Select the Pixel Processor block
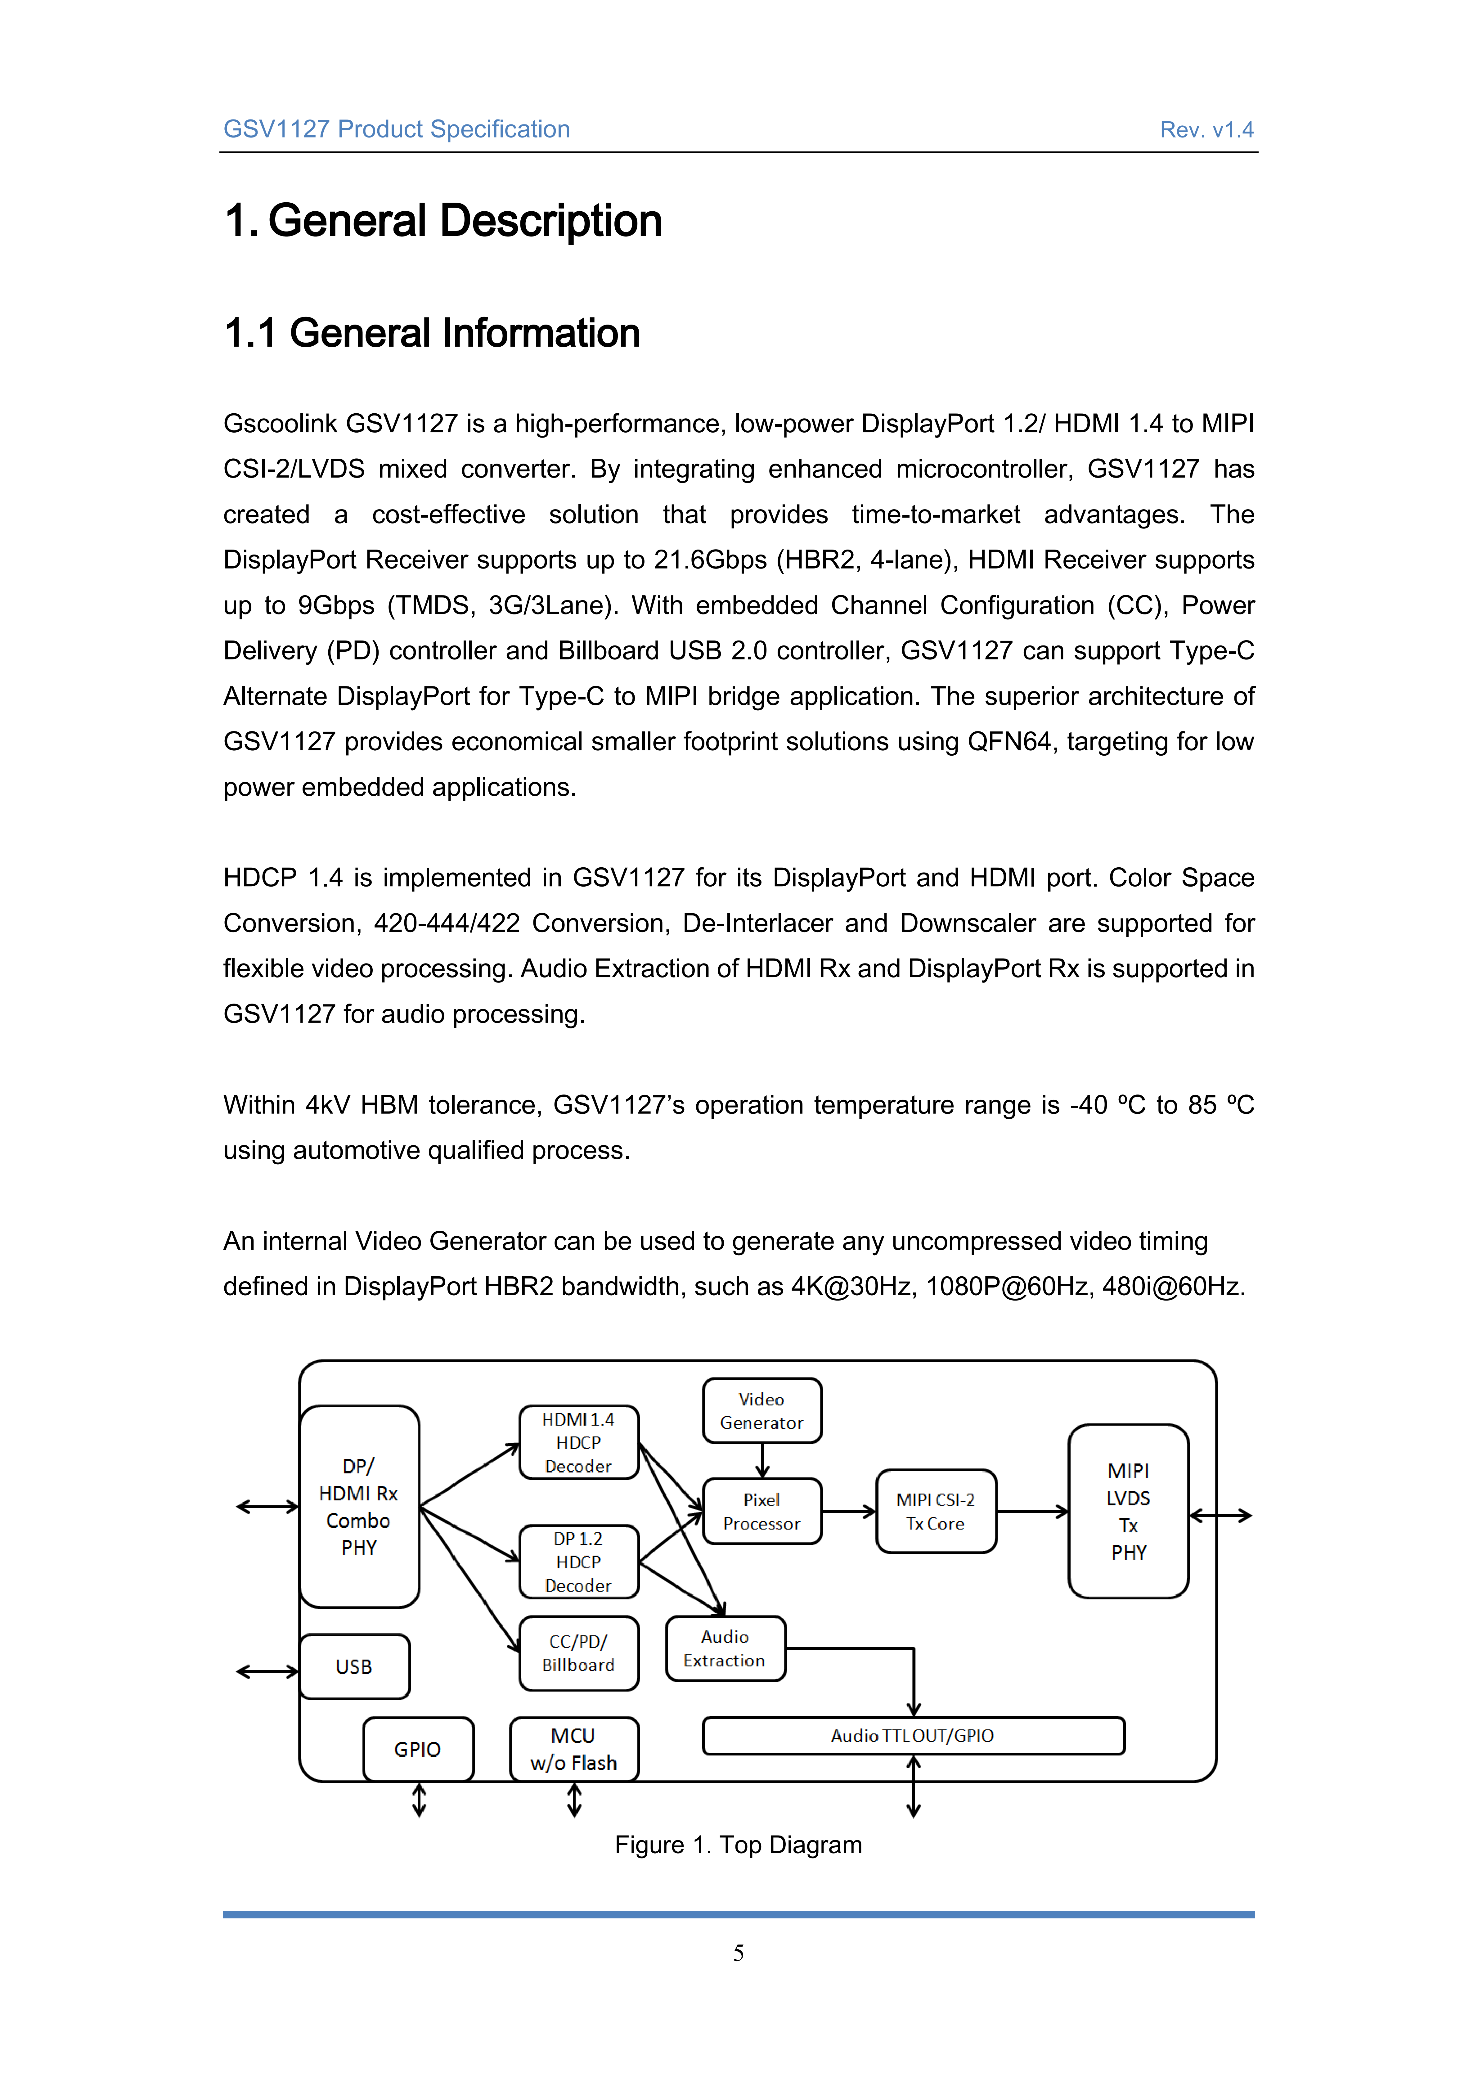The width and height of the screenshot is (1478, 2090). tap(762, 1511)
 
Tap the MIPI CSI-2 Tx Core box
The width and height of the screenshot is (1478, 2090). tap(936, 1511)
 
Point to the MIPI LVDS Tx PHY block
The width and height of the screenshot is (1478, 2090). tap(1129, 1511)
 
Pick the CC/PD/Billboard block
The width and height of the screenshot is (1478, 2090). tap(579, 1653)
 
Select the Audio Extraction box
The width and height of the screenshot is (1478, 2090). tap(726, 1648)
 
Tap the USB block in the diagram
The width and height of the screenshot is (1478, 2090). tap(354, 1667)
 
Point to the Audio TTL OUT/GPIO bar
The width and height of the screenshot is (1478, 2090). tap(913, 1736)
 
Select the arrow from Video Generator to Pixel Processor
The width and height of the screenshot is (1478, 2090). tap(763, 1461)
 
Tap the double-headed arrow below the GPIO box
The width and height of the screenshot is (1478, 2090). tap(420, 1800)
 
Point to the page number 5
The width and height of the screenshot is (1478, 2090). tap(738, 1953)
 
